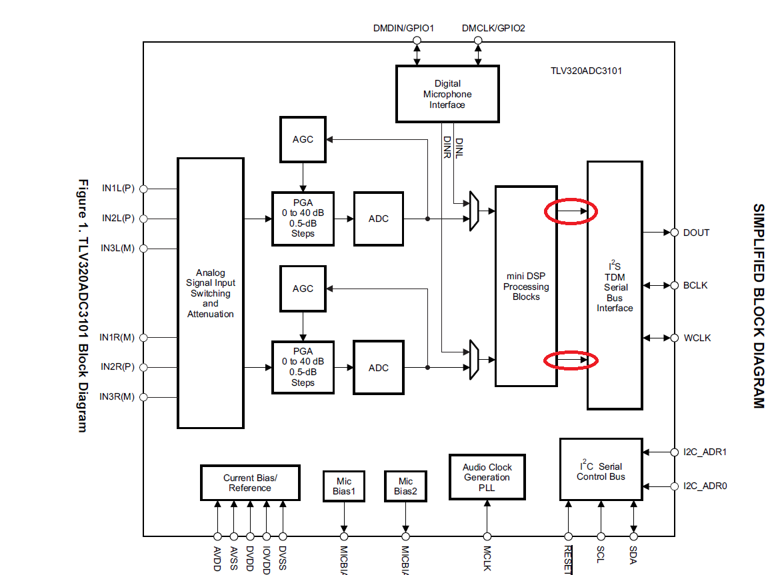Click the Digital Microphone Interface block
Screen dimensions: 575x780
[x=447, y=94]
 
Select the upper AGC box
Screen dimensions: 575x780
[x=303, y=139]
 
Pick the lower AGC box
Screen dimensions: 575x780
[x=303, y=288]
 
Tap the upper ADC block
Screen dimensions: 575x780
[x=378, y=219]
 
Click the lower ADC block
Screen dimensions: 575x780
[x=378, y=368]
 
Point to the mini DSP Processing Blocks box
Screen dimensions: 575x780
[x=526, y=287]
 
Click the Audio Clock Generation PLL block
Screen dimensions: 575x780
[x=487, y=477]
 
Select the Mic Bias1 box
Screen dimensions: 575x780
[x=344, y=486]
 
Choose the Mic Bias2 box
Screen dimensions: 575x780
[x=405, y=486]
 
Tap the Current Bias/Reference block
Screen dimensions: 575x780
[x=250, y=482]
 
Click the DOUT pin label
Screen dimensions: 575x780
[x=696, y=233]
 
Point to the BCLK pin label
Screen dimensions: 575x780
[x=695, y=285]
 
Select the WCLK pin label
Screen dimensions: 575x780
[x=697, y=338]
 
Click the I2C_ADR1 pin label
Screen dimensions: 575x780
[x=705, y=452]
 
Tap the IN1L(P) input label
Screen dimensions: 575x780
[x=118, y=189]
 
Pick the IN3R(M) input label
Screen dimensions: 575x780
[x=117, y=397]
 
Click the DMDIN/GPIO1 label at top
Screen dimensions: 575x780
[x=403, y=29]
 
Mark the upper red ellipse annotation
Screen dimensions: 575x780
[x=571, y=212]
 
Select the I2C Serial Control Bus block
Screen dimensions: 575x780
[x=601, y=470]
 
